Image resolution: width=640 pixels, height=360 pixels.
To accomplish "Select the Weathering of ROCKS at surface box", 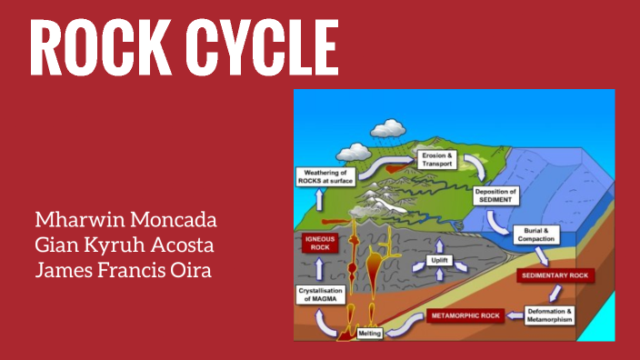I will (325, 175).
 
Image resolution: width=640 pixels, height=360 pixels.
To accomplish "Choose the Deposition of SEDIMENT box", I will (496, 195).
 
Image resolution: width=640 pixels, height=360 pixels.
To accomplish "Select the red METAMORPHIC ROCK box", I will (465, 316).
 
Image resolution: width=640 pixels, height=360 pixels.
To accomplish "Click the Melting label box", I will (368, 334).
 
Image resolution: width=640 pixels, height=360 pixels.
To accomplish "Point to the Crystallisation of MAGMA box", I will (323, 295).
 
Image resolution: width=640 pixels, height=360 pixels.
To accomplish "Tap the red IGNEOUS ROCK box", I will (320, 243).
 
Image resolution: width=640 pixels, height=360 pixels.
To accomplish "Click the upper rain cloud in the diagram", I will (392, 128).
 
